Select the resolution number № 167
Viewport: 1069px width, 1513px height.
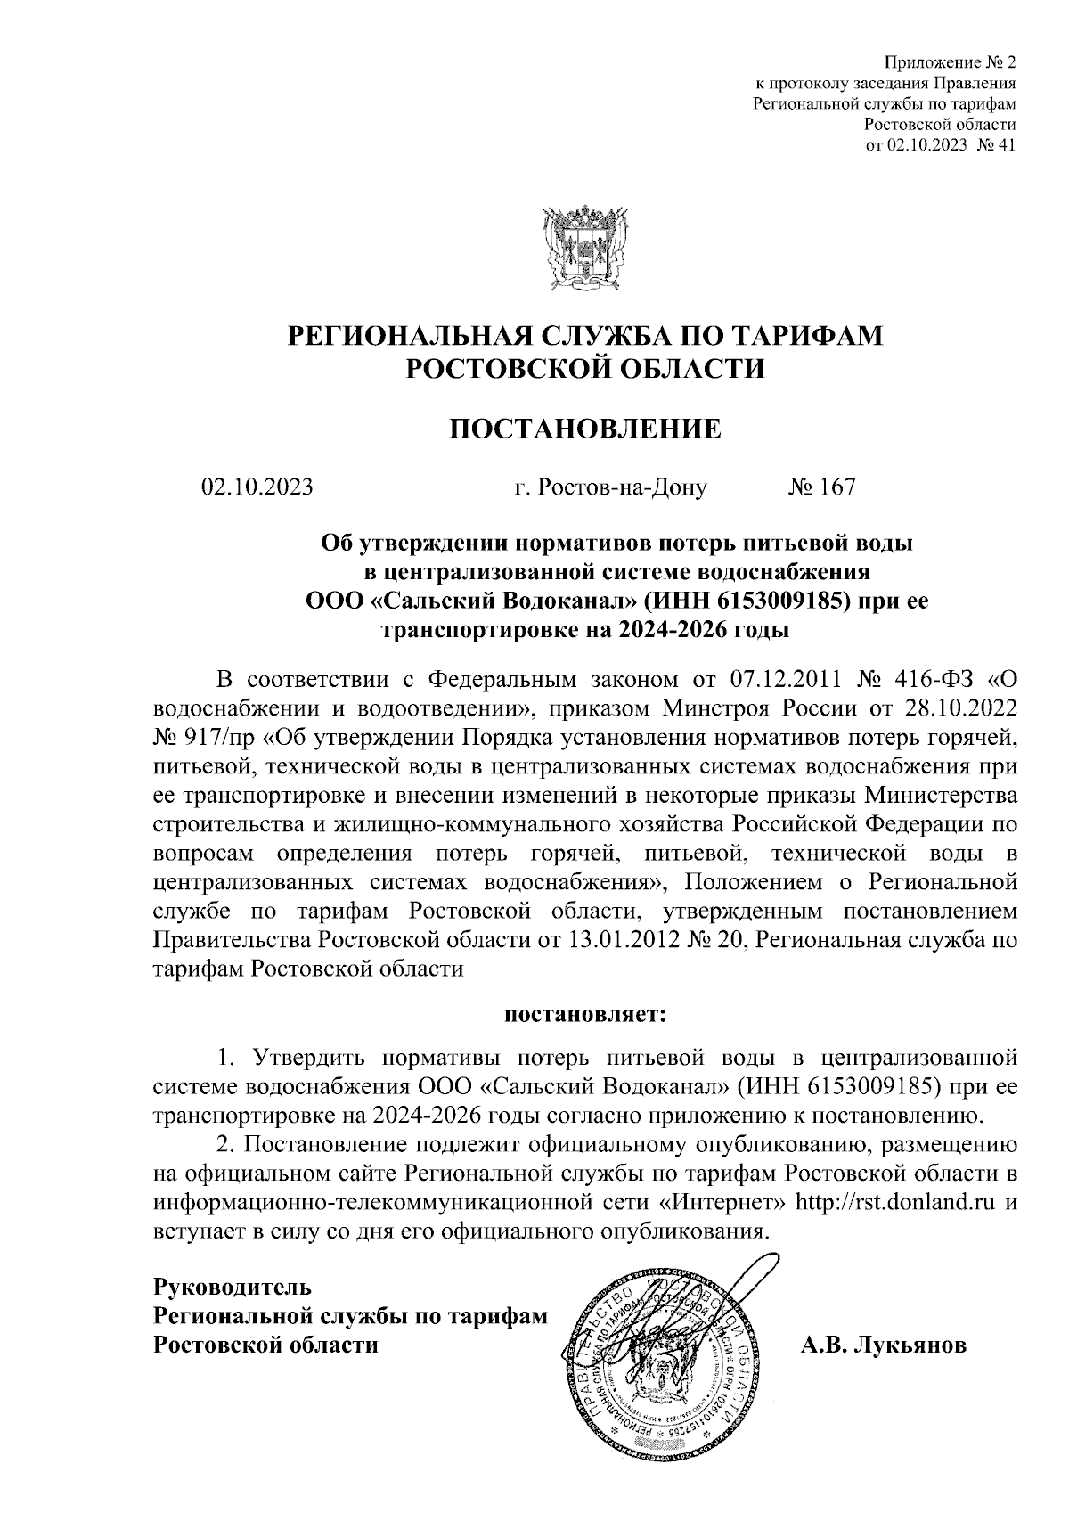[821, 487]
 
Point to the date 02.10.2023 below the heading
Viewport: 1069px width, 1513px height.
[257, 487]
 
